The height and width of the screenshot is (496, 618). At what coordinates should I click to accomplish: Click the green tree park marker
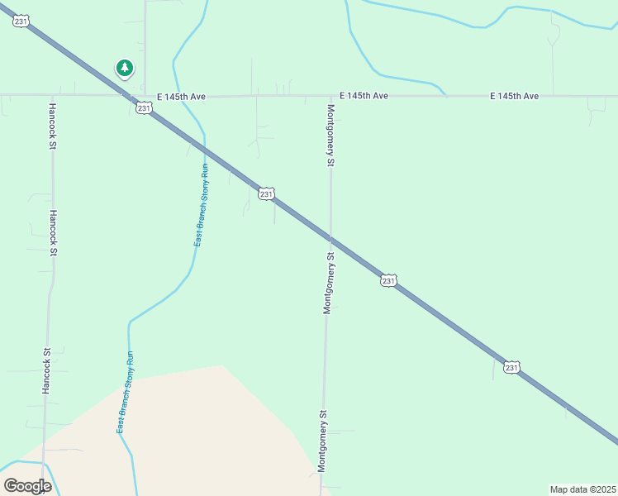coord(124,68)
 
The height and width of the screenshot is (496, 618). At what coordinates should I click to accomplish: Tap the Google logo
coord(27,486)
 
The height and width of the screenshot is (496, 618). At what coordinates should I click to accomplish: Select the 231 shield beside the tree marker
coord(145,108)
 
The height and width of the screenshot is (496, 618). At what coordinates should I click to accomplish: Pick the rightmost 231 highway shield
coord(511,367)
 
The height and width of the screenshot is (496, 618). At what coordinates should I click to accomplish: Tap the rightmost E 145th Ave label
coord(514,96)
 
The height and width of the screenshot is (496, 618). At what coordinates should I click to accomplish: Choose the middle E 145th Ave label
coord(364,96)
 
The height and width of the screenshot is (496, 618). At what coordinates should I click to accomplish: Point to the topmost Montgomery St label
coord(330,136)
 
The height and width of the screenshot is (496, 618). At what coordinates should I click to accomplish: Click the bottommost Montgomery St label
coord(324,441)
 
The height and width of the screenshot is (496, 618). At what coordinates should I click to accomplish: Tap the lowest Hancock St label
coord(47,370)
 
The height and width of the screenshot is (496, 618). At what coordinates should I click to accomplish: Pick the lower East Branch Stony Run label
coord(125,393)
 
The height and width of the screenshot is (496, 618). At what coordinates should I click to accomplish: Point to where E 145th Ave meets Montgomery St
coord(331,96)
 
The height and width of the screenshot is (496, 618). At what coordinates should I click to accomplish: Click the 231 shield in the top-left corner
coord(21,21)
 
